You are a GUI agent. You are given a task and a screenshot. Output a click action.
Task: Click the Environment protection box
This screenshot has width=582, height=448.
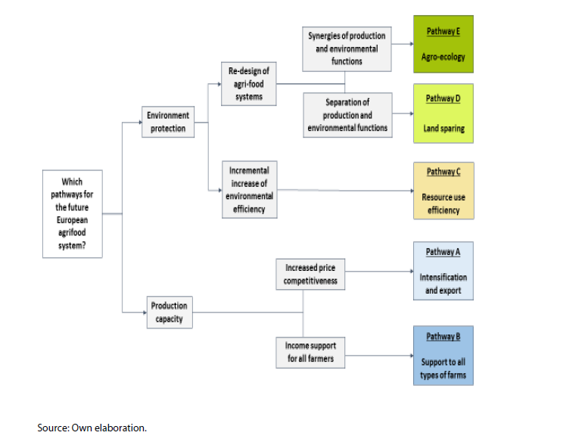click(x=167, y=123)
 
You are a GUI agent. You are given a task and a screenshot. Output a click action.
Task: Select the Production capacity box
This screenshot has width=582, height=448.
click(x=168, y=313)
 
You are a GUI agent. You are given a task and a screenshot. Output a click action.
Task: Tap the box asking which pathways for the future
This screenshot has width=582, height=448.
click(x=73, y=213)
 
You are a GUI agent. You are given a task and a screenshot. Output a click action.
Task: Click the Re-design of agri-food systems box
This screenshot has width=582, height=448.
click(x=248, y=84)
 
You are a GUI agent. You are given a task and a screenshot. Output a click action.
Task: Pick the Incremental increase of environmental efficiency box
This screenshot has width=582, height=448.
click(x=248, y=189)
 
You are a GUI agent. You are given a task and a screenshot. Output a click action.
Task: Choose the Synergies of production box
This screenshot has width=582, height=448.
click(x=346, y=48)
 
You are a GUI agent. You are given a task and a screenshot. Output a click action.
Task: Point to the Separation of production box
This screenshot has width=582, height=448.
click(x=347, y=114)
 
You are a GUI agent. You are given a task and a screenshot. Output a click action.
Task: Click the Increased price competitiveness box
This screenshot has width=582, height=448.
click(x=310, y=274)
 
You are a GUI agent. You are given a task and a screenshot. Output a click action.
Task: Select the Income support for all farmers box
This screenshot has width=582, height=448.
click(x=310, y=352)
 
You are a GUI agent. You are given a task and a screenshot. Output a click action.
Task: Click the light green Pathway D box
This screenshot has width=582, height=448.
click(x=444, y=114)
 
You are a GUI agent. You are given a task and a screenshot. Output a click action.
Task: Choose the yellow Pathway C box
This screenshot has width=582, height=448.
click(x=444, y=191)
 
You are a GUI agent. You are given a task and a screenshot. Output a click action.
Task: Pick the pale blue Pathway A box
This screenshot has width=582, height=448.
click(x=444, y=271)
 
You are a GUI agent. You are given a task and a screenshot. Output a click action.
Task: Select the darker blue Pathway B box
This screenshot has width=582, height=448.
click(x=444, y=355)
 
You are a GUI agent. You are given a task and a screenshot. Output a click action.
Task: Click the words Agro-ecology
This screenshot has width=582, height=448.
click(x=444, y=57)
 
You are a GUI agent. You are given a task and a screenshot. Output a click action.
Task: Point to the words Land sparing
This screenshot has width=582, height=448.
click(x=444, y=129)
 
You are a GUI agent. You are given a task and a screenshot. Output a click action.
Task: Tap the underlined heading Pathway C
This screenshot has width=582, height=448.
click(x=444, y=172)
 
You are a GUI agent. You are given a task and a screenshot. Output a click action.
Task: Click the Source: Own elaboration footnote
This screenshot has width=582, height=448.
click(x=92, y=428)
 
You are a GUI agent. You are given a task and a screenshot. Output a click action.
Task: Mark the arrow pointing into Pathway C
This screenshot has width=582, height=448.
click(x=409, y=189)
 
